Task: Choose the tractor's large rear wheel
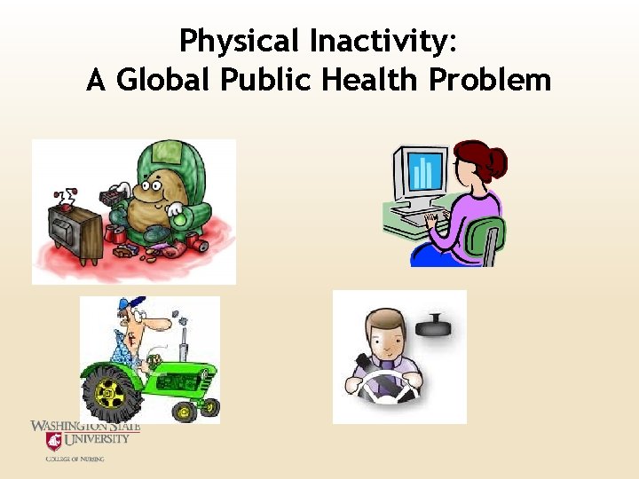point(111,391)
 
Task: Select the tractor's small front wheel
point(185,411)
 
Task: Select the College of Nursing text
point(75,459)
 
